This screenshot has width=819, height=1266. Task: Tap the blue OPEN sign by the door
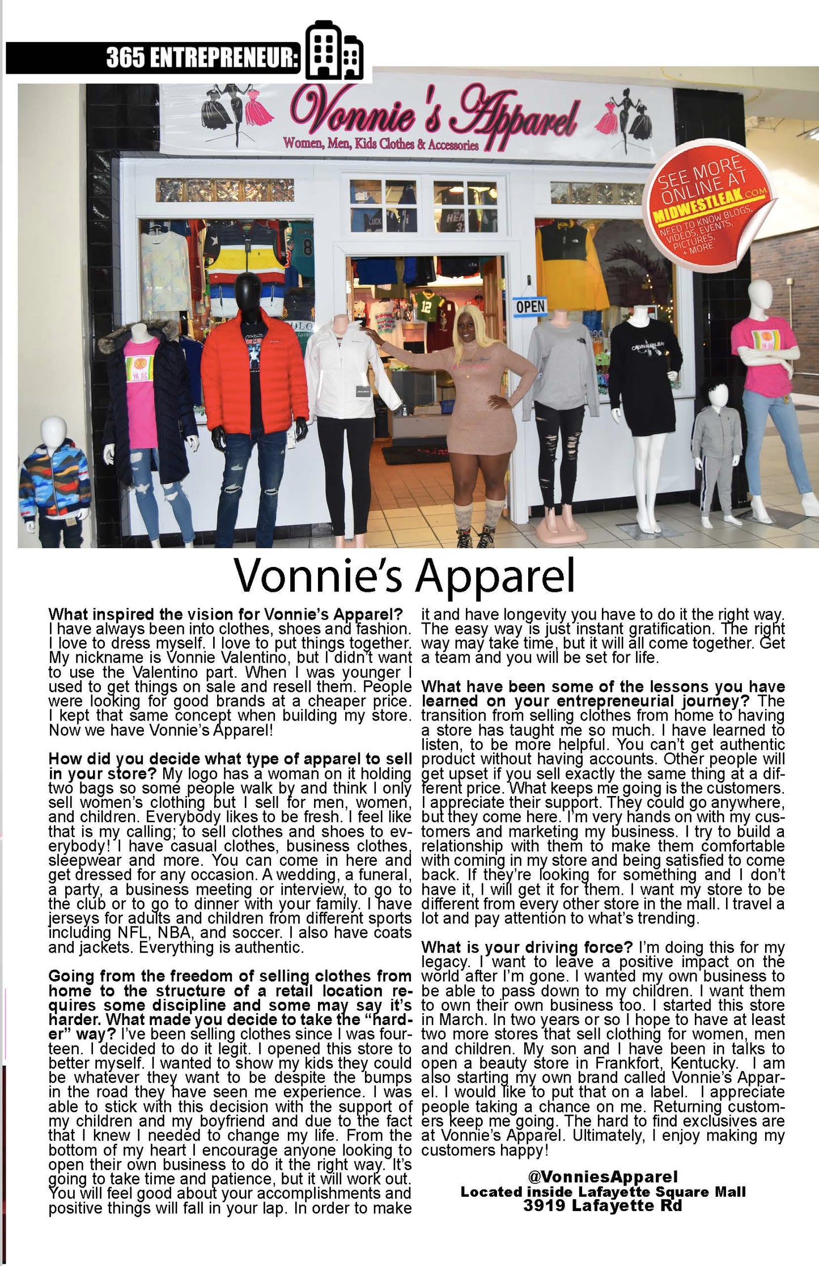(530, 307)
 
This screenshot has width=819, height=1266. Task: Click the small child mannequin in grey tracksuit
(717, 453)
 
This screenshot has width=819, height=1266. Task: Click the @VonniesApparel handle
(602, 1177)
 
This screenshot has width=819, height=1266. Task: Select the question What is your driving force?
(527, 947)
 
